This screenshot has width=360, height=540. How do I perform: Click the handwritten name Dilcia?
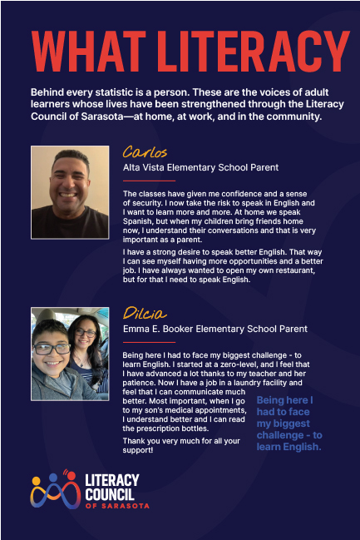pos(145,313)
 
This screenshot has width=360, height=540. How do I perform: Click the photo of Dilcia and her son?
pos(70,350)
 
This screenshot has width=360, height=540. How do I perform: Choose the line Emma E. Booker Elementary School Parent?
pos(215,329)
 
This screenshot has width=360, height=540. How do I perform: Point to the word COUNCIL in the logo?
pos(112,493)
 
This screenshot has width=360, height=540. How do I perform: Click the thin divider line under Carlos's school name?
pos(149,180)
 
